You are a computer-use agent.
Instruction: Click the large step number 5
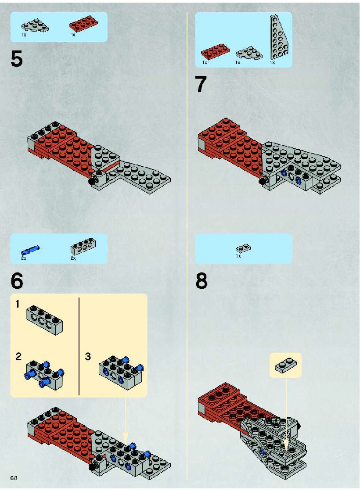point(17,58)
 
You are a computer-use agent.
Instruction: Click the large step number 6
point(17,281)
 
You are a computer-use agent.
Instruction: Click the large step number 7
point(201,84)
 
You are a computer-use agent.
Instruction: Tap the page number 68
point(14,478)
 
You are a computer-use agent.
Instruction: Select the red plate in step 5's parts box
point(83,24)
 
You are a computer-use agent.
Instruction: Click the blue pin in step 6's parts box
point(30,250)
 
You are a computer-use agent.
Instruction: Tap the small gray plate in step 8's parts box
point(244,248)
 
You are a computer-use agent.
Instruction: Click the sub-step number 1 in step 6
point(18,304)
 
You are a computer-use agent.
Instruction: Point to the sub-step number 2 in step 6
point(18,356)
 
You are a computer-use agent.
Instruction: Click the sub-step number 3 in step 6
point(88,356)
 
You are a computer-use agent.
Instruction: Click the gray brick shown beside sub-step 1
point(44,320)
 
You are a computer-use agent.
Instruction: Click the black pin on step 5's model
point(92,181)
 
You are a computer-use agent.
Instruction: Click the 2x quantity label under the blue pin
point(24,258)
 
